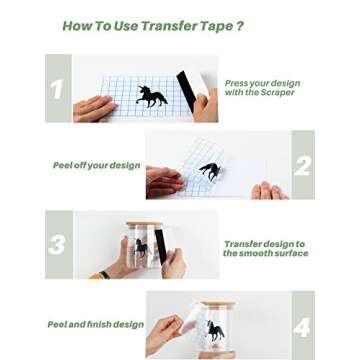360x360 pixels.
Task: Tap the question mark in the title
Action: click(239, 26)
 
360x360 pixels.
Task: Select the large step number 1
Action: click(56, 90)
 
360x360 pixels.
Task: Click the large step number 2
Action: click(302, 166)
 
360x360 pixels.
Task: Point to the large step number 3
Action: click(57, 245)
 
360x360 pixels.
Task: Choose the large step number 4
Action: click(302, 328)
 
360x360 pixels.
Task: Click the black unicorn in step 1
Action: click(151, 96)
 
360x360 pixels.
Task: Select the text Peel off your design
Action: click(97, 166)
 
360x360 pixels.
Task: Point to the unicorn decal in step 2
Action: click(211, 171)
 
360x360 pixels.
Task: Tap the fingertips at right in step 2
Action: click(270, 191)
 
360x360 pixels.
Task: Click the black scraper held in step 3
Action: click(160, 246)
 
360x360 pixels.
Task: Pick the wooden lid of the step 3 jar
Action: click(143, 223)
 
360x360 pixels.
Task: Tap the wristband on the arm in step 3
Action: click(105, 274)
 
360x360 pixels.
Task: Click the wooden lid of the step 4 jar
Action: click(218, 304)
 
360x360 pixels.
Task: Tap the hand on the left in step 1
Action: click(94, 108)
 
